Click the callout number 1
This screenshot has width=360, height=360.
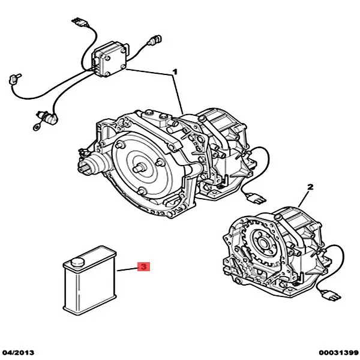175,72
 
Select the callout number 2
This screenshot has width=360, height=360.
310,187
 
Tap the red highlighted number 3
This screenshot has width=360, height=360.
144,266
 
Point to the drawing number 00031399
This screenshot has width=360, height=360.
338,353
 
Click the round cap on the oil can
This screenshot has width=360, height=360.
77,262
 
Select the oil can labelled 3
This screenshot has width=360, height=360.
90,280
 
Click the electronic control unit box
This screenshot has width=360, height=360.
110,59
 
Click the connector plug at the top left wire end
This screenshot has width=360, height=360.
79,22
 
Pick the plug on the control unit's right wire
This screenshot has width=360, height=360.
155,40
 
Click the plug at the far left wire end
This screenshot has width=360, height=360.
14,79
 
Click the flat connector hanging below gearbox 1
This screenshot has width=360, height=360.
256,198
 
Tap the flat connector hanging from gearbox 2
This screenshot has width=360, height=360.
331,295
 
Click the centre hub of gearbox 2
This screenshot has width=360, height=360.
262,242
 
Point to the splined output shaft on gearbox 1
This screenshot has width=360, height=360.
85,165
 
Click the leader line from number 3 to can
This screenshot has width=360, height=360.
127,269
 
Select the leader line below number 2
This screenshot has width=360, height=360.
303,199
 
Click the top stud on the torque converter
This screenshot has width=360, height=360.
120,145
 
